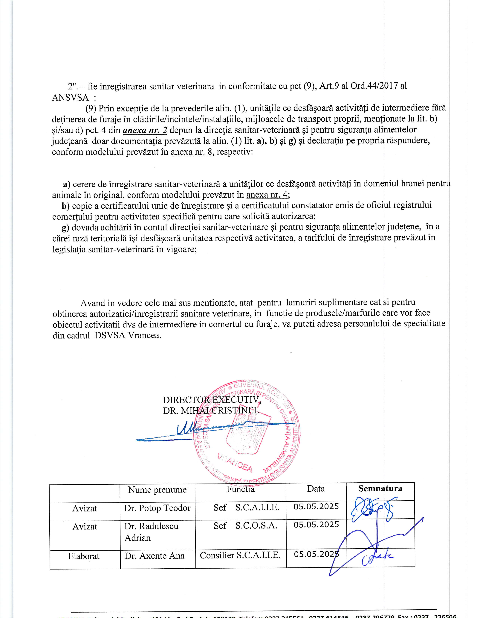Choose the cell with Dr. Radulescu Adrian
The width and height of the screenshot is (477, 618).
(152, 532)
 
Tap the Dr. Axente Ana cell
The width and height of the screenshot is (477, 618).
(155, 555)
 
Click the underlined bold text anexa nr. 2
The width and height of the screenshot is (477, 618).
(145, 130)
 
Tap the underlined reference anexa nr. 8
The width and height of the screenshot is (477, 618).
(191, 152)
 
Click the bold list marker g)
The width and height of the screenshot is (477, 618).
(65, 227)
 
